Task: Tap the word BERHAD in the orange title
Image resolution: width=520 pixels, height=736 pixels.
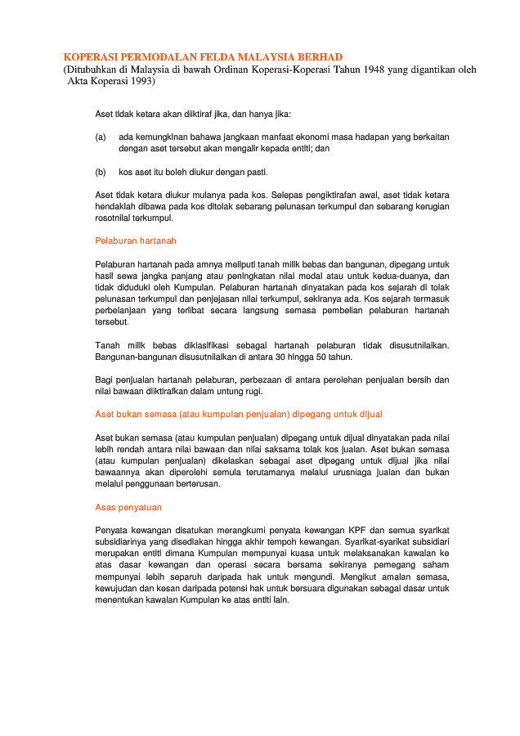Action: [315, 57]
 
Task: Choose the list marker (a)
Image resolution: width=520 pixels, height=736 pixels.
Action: [101, 137]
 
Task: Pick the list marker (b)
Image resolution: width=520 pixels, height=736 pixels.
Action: [101, 173]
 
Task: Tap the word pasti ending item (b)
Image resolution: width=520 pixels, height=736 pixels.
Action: [255, 173]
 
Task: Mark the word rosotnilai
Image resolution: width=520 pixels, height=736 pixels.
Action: [117, 218]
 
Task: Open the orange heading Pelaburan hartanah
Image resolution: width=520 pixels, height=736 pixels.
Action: [135, 241]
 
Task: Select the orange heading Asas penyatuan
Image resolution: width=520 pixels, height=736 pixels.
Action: [128, 507]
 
